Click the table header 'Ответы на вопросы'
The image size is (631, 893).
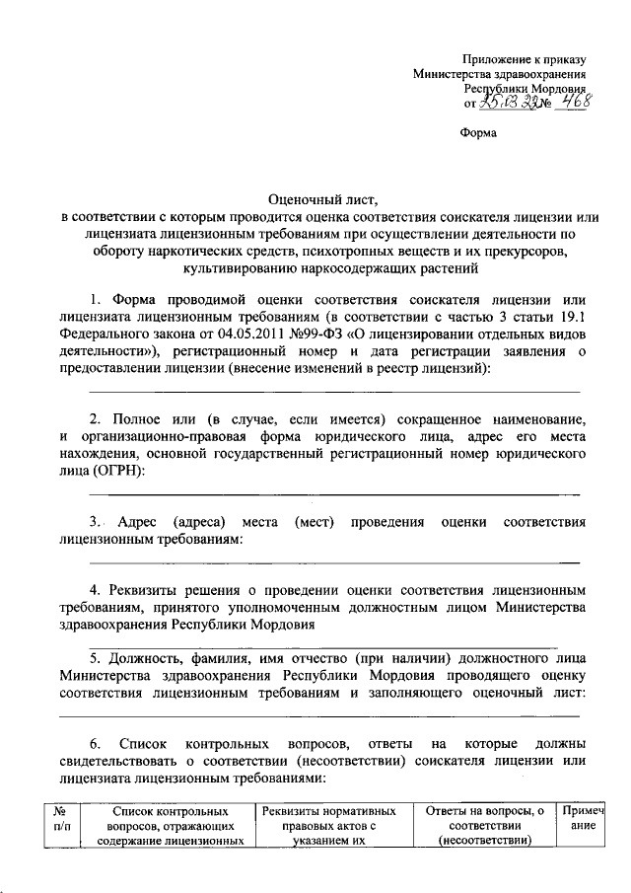coord(483,825)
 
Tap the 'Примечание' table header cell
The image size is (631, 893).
coord(581,818)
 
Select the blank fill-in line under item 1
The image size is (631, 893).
coord(334,392)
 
